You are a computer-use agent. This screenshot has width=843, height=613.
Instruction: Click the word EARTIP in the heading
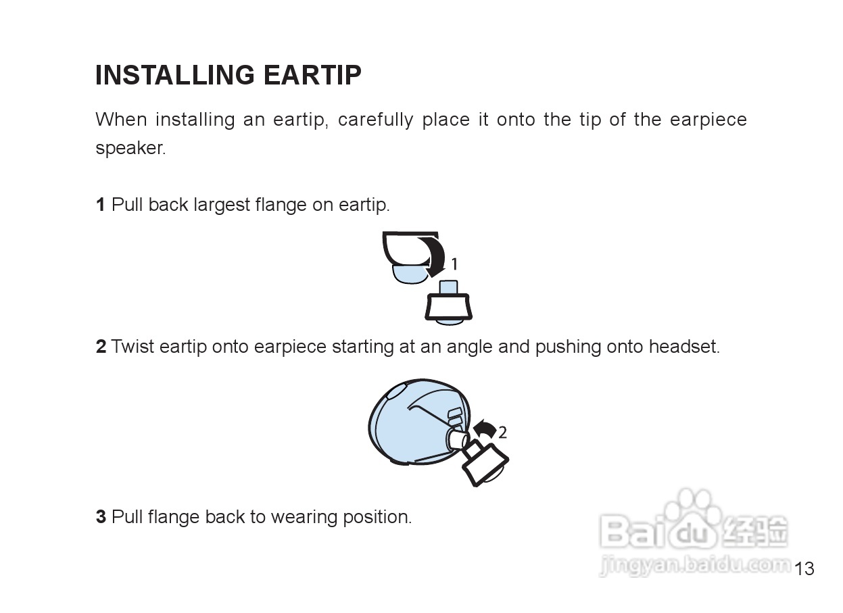(x=312, y=75)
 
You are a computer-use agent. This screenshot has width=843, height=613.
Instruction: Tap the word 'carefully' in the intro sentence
(x=375, y=120)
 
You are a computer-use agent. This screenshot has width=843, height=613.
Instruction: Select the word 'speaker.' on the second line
(x=130, y=148)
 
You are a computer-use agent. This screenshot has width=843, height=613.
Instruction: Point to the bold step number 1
(x=100, y=205)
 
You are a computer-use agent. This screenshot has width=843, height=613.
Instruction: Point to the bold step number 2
(x=101, y=347)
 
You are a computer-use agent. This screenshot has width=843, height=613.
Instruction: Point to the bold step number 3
(x=101, y=517)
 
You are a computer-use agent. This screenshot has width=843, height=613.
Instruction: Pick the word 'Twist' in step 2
(x=133, y=346)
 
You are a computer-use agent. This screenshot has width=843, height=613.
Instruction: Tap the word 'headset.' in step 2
(x=684, y=346)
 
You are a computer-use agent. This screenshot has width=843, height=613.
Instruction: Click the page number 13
(x=804, y=568)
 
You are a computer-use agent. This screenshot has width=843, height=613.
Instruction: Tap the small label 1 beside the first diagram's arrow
(x=454, y=264)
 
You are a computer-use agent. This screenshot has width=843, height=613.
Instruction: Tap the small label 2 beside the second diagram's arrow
(x=503, y=433)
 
